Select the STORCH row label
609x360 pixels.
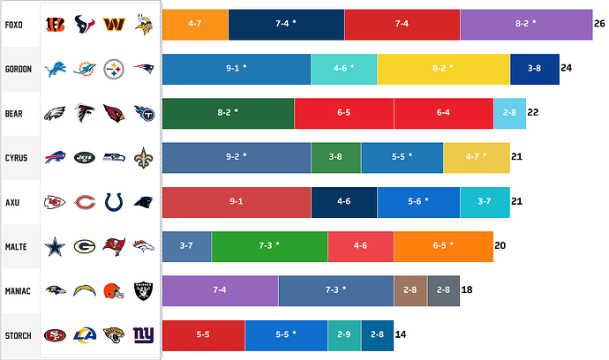pyautogui.click(x=19, y=335)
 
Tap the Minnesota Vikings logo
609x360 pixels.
pyautogui.click(x=144, y=25)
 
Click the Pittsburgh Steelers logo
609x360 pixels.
pyautogui.click(x=114, y=69)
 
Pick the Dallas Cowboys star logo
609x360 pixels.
pyautogui.click(x=56, y=246)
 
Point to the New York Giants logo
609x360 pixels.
pyautogui.click(x=144, y=335)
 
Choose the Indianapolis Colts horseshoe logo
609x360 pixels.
pyautogui.click(x=114, y=202)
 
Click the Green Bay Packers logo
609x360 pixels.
pyautogui.click(x=85, y=246)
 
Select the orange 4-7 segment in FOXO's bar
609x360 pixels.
pyautogui.click(x=195, y=25)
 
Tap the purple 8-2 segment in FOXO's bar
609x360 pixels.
pyautogui.click(x=526, y=25)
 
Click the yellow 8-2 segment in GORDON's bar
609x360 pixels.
pyautogui.click(x=444, y=69)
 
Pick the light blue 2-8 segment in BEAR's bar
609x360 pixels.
pyautogui.click(x=509, y=113)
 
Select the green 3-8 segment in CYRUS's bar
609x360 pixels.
pyautogui.click(x=335, y=157)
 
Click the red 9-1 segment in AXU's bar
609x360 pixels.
pyautogui.click(x=237, y=202)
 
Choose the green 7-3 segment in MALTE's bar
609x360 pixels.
pyautogui.click(x=269, y=246)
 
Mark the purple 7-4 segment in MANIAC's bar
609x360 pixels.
pyautogui.click(x=221, y=290)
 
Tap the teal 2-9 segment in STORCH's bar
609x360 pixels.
pyautogui.click(x=344, y=335)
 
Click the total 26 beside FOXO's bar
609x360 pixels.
pyautogui.click(x=599, y=25)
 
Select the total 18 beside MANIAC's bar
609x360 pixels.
pyautogui.click(x=467, y=290)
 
